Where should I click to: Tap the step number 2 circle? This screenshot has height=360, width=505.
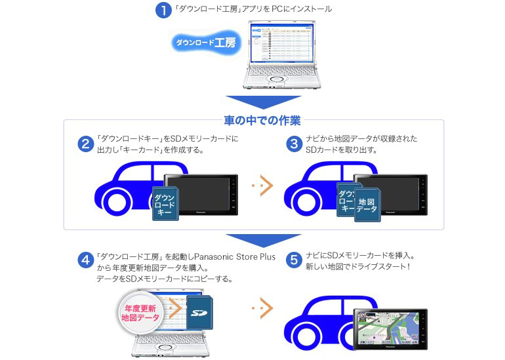tap(85, 144)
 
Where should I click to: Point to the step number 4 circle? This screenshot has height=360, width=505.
tap(85, 261)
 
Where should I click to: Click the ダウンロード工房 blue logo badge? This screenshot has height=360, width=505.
tap(205, 43)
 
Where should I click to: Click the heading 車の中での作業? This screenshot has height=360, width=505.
tap(262, 121)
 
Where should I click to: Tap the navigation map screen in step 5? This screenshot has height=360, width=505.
tap(388, 328)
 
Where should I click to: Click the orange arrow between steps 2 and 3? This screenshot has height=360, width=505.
tap(262, 186)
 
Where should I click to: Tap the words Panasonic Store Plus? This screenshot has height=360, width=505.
tap(233, 256)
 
